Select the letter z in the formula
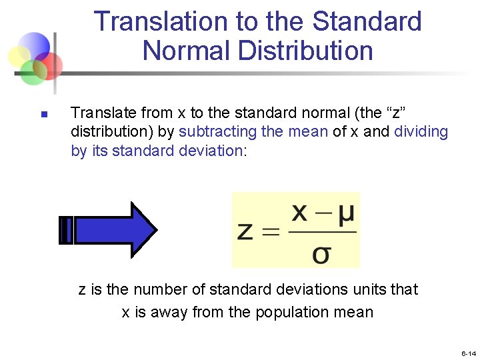(x=245, y=231)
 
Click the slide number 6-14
(x=468, y=353)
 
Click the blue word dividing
(x=421, y=131)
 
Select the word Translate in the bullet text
(x=100, y=112)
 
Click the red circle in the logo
(x=49, y=65)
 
